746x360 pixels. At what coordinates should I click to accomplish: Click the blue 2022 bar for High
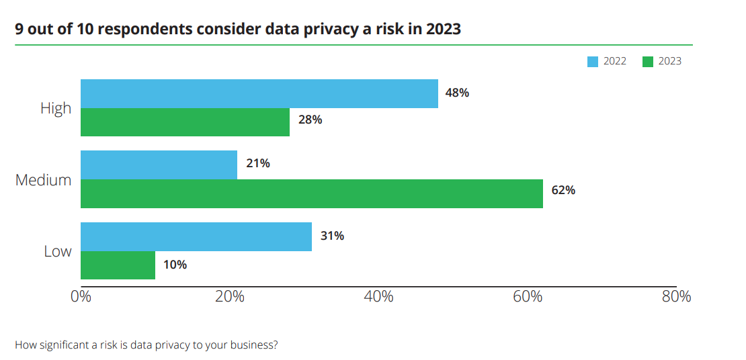tap(259, 93)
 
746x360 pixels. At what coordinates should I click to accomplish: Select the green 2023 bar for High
tap(185, 122)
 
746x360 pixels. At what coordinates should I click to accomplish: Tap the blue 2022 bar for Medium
tap(159, 165)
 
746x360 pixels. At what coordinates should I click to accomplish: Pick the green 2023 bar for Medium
tap(312, 193)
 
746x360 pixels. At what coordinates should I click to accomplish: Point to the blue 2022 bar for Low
tap(196, 236)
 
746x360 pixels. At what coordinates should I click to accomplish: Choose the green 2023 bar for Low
tap(118, 265)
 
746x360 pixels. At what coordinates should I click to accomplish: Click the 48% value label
tap(457, 93)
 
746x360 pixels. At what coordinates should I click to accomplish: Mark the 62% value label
tap(563, 191)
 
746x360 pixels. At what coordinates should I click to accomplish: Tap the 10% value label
tap(175, 265)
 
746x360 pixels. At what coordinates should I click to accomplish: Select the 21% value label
tap(258, 164)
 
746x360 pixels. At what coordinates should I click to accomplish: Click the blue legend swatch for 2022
tap(593, 61)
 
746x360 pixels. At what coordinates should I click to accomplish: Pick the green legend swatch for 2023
tap(647, 61)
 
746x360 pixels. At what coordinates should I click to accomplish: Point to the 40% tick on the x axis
tap(378, 296)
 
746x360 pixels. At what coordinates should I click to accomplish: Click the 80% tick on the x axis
tap(676, 296)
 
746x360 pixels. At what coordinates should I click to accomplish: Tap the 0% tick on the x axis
tap(81, 296)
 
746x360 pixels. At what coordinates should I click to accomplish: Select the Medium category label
tap(43, 180)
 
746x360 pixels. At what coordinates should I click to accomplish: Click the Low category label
tap(58, 251)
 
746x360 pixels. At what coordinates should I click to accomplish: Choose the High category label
tap(56, 108)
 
